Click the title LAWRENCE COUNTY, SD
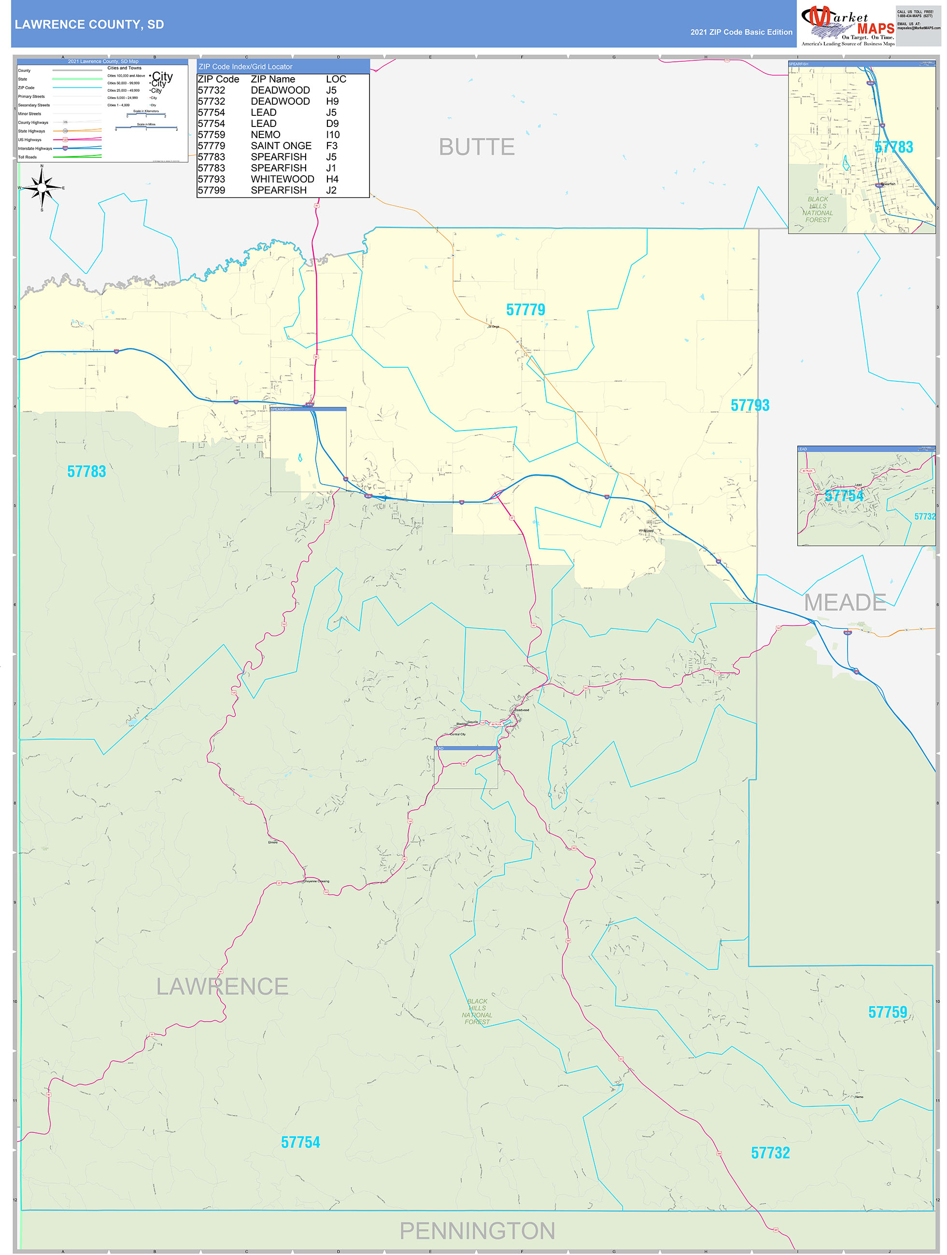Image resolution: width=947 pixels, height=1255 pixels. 89,25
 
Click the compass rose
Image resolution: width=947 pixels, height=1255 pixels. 42,188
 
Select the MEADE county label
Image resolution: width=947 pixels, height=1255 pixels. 845,602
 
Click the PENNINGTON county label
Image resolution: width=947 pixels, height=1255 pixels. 477,1230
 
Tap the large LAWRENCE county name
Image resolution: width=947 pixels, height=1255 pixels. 222,987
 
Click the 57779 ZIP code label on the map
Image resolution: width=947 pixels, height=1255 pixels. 525,310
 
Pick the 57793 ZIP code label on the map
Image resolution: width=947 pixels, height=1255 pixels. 749,405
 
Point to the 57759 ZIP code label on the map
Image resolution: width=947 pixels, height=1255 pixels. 888,1012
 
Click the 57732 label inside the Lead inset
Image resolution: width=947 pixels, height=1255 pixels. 924,516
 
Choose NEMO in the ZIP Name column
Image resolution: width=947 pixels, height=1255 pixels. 265,135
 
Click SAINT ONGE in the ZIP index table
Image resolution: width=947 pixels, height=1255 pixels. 281,146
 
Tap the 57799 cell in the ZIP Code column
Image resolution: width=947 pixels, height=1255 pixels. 211,191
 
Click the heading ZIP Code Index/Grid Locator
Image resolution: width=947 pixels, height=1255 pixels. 245,67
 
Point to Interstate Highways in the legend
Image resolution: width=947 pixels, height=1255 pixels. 35,149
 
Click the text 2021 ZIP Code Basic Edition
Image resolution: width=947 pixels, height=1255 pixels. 741,32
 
